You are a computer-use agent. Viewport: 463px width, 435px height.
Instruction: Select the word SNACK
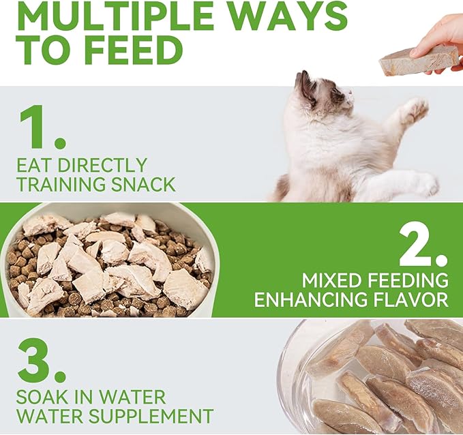click(x=146, y=184)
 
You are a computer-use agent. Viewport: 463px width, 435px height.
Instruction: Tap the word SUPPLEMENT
click(x=147, y=416)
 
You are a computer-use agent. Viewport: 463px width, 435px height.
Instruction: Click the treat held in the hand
click(x=417, y=61)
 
